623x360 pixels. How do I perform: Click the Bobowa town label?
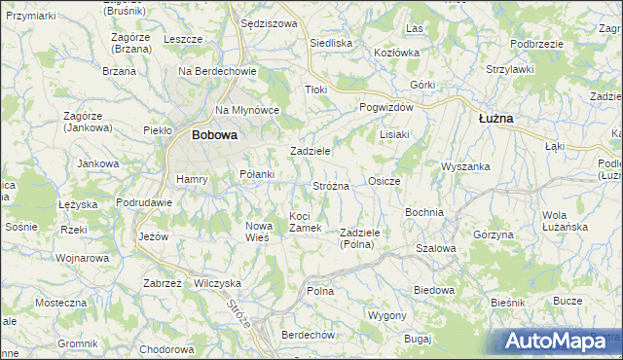(214, 135)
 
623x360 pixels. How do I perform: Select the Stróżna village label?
(331, 185)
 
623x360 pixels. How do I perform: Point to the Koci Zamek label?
(306, 222)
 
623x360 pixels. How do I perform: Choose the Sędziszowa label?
(267, 22)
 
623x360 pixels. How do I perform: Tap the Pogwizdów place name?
(386, 107)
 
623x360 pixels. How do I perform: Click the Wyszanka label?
(464, 166)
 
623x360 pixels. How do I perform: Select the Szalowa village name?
(435, 248)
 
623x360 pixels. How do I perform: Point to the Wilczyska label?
(217, 282)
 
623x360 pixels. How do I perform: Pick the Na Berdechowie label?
(216, 71)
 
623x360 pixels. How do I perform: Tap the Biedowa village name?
(434, 290)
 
